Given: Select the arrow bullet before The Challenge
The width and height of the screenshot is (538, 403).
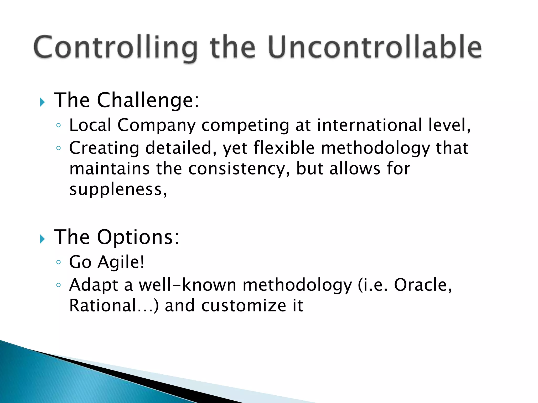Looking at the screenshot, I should tap(42, 102).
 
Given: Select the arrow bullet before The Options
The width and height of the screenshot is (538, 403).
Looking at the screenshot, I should tap(42, 239).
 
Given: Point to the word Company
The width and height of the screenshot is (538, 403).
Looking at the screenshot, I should tap(156, 125).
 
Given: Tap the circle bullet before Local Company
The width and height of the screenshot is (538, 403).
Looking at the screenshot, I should tap(58, 125).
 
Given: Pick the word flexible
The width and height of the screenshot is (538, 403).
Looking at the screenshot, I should tap(284, 148).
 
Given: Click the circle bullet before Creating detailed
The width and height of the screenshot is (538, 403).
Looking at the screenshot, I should tap(58, 148).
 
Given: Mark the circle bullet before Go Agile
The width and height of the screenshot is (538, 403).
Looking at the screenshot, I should tap(58, 262).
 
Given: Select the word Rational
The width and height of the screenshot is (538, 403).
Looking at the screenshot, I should tap(102, 306).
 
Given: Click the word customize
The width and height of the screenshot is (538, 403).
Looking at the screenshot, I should tap(244, 306).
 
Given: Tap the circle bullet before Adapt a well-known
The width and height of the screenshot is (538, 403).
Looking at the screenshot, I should tap(58, 285).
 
